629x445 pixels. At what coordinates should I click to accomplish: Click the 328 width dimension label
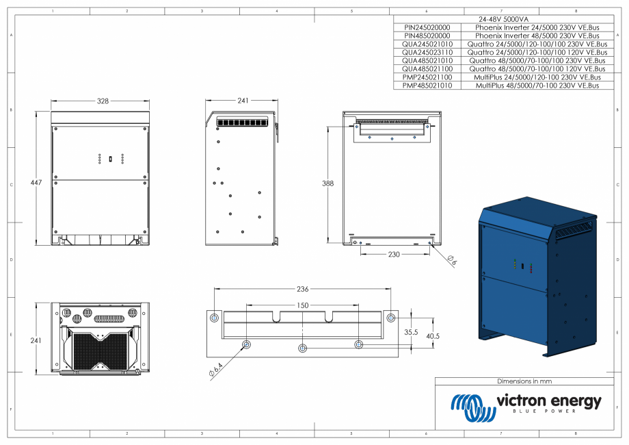click(102, 101)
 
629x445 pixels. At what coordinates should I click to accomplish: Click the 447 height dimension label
click(38, 183)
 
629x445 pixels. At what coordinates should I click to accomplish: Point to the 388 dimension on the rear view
click(329, 183)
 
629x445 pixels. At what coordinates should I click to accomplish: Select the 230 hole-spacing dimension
click(393, 254)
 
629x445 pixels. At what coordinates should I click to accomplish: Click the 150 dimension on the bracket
click(302, 305)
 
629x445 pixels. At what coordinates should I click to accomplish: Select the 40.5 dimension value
click(432, 335)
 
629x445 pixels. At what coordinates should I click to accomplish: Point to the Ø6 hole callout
click(452, 259)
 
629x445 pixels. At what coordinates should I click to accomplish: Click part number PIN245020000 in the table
click(427, 27)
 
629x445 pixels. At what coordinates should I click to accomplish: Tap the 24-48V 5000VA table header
click(501, 18)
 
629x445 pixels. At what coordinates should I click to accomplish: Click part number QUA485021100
click(427, 69)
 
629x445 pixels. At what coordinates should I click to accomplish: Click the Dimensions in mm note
click(524, 381)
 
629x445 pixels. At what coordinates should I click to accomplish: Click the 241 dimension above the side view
click(243, 101)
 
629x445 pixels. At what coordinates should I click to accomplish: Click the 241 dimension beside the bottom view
click(37, 340)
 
